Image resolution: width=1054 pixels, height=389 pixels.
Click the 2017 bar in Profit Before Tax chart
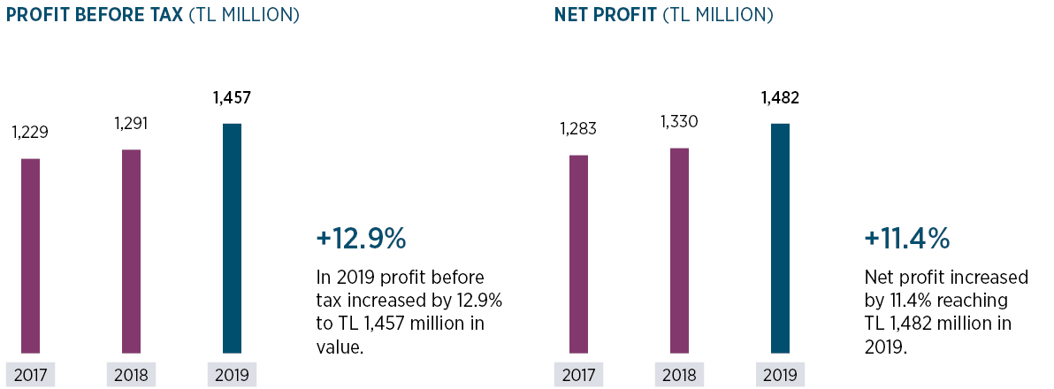click(30, 256)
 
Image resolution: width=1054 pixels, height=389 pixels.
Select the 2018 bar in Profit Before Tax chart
click(131, 252)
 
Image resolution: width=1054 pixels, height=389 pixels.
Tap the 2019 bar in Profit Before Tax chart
click(232, 239)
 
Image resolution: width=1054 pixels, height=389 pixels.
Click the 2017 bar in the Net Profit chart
click(578, 255)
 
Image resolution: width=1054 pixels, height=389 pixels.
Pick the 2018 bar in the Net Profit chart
click(679, 251)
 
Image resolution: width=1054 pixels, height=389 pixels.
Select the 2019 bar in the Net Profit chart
click(780, 239)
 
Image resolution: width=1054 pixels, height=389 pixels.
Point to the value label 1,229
click(30, 133)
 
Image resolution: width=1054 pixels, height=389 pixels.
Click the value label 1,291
click(131, 124)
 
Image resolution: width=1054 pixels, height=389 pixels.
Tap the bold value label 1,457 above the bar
click(232, 98)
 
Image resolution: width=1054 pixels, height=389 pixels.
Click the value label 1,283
click(578, 129)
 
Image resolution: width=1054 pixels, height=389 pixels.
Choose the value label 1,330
click(679, 121)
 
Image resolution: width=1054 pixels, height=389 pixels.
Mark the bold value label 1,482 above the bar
click(780, 98)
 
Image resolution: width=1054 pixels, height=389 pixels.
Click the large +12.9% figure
click(361, 239)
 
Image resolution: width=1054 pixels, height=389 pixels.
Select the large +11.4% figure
click(907, 239)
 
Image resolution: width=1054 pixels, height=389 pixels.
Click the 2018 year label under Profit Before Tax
click(131, 375)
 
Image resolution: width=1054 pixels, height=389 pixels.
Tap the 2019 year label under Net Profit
click(780, 375)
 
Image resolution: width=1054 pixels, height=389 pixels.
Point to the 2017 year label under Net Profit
click(578, 375)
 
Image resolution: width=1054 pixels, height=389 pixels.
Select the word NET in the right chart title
click(573, 15)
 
